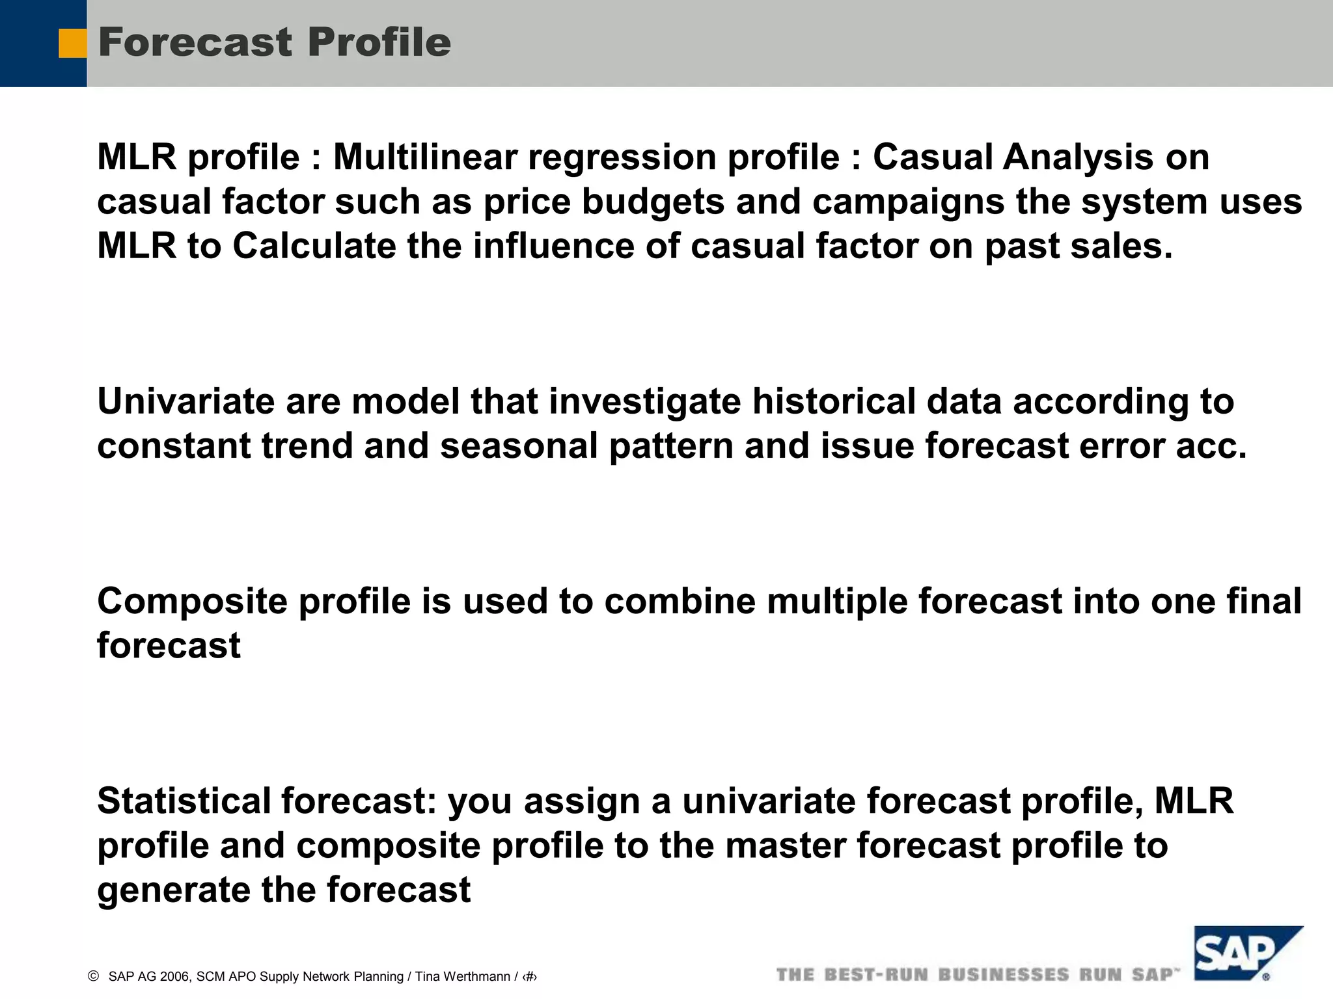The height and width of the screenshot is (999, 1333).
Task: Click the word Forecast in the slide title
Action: tap(195, 42)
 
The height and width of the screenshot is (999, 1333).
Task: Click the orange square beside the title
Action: tap(72, 44)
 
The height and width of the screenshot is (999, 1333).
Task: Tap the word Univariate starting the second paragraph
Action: tap(186, 401)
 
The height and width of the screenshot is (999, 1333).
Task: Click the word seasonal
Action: tap(518, 446)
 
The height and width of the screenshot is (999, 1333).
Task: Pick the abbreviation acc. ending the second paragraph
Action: tap(1211, 446)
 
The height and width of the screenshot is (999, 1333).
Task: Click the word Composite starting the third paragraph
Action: tap(192, 601)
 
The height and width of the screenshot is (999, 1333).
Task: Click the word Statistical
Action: tap(184, 801)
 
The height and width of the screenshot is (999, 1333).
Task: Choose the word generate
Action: tap(173, 890)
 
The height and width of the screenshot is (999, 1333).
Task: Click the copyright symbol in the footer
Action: tap(93, 976)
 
